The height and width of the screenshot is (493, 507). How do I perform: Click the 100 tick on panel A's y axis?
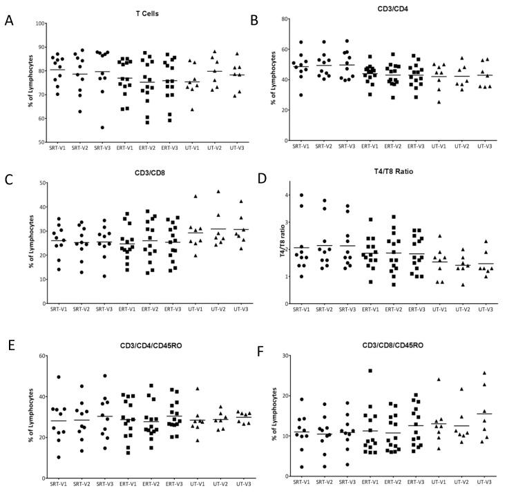tap(41, 23)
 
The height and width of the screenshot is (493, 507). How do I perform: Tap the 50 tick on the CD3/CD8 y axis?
tap(41, 183)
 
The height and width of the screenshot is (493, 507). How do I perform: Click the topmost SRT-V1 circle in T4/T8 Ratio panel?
tap(301, 195)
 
